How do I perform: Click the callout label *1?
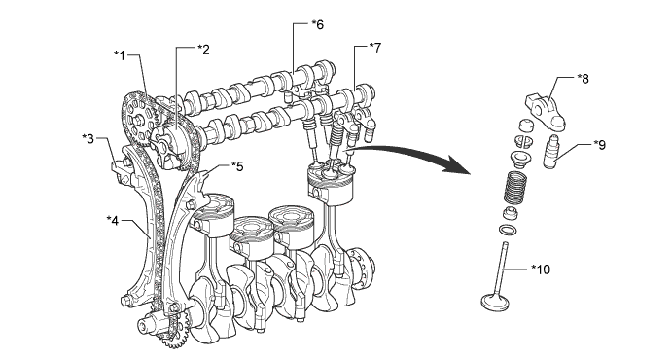(121, 55)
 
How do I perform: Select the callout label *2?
(203, 50)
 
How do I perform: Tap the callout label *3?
(88, 139)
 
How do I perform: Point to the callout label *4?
(112, 220)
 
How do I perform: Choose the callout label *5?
(237, 166)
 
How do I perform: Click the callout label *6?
(318, 25)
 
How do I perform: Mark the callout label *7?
(374, 48)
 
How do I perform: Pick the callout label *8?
(583, 79)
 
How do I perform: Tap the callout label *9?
(600, 145)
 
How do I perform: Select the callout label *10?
(541, 270)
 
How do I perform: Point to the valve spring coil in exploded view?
(513, 188)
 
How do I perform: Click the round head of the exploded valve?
(495, 302)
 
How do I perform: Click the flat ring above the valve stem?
(508, 230)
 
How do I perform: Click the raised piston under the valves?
(332, 184)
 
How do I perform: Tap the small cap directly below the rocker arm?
(525, 126)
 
